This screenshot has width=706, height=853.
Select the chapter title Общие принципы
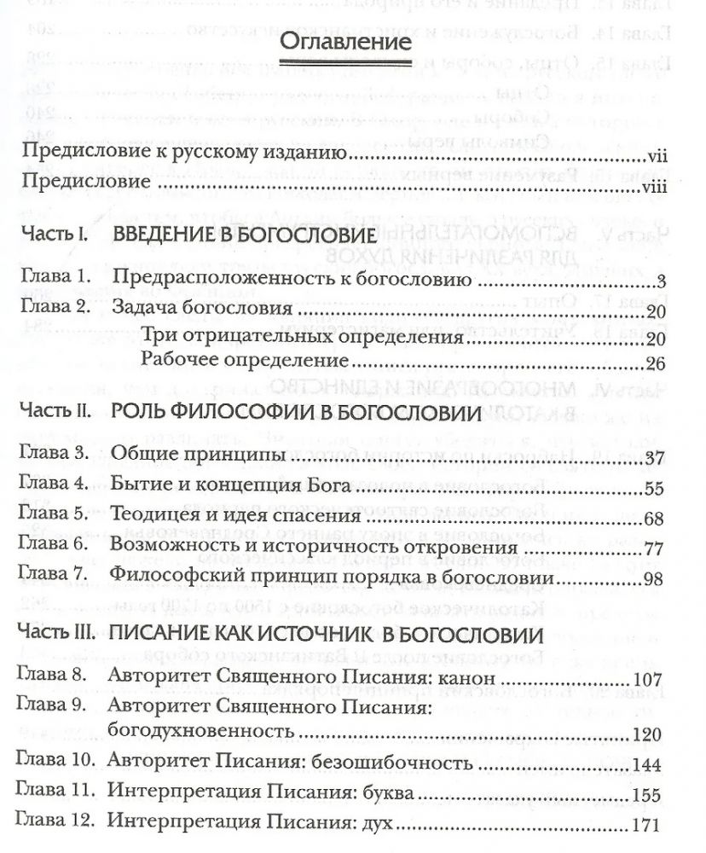(197, 458)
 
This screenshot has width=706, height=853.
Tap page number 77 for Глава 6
(654, 548)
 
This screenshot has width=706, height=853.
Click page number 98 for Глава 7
(654, 580)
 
